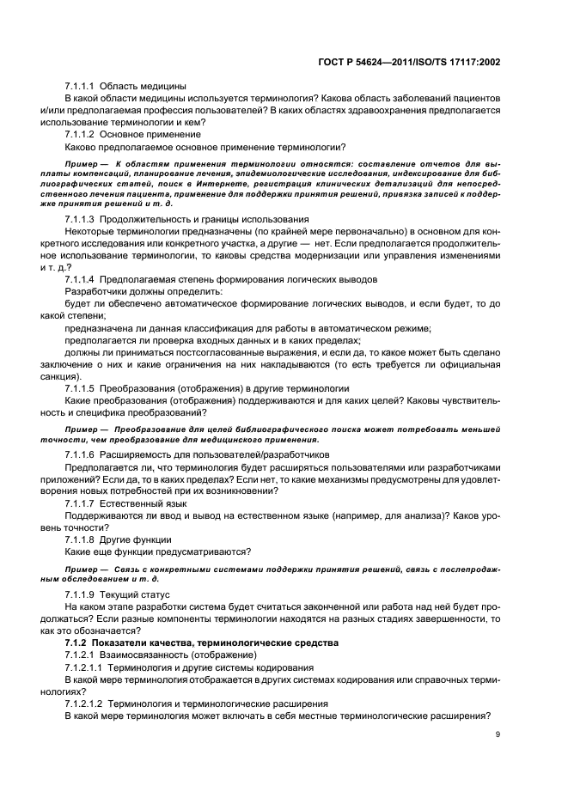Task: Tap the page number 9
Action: point(498,734)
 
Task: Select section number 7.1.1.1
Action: point(80,87)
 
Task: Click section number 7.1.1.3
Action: point(80,219)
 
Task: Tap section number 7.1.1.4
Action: point(80,279)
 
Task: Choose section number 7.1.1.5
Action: point(80,387)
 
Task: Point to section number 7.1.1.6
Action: point(80,454)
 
